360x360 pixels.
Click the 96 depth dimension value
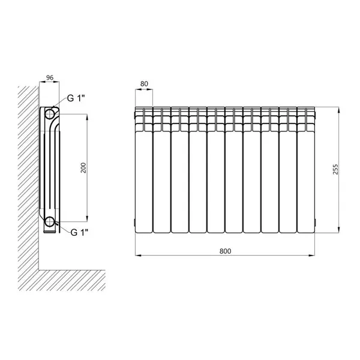coord(50,77)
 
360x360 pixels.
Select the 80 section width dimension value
coord(144,84)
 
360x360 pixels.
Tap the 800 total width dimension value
coord(225,251)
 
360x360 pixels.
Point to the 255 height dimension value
coord(335,169)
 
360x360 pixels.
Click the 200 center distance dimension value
coord(83,167)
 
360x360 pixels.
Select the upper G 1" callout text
coord(76,98)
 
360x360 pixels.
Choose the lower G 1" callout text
coord(79,232)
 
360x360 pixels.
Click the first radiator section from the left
coord(144,170)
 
